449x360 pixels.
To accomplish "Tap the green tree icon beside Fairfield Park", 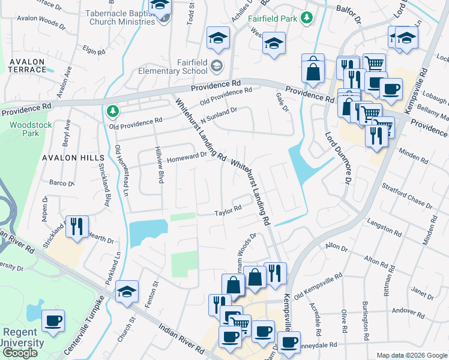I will point(307,18).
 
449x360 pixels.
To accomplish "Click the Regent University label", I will point(22,338).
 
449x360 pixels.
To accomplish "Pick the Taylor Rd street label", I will point(228,210).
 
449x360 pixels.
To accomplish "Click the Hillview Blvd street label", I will point(160,169).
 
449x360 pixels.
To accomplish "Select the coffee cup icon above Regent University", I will point(53,320).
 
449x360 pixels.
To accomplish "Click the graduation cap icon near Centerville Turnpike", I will point(127,292).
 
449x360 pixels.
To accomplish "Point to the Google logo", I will point(20,353).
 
